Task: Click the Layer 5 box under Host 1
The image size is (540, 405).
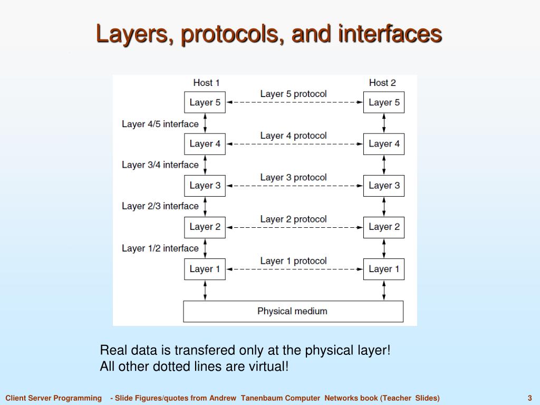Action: [x=205, y=102]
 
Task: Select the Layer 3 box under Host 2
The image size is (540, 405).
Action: [x=384, y=186]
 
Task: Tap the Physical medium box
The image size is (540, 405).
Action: [x=293, y=311]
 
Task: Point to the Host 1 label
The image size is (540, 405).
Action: [x=206, y=82]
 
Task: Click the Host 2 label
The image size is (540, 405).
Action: [x=382, y=82]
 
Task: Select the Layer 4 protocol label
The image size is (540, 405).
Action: [x=293, y=136]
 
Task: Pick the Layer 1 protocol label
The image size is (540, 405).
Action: [x=293, y=261]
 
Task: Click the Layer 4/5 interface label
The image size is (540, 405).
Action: [x=160, y=124]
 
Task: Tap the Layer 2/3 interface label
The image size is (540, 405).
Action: [x=160, y=206]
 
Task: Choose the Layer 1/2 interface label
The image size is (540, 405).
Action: [x=160, y=248]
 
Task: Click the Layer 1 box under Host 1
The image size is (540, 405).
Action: [x=205, y=269]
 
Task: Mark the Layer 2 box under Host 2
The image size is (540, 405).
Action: [x=384, y=227]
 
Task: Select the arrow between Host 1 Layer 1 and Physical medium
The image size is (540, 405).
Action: [x=205, y=290]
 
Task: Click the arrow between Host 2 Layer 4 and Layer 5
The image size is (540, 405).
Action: [x=384, y=123]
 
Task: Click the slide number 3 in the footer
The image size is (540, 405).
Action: [x=529, y=398]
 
